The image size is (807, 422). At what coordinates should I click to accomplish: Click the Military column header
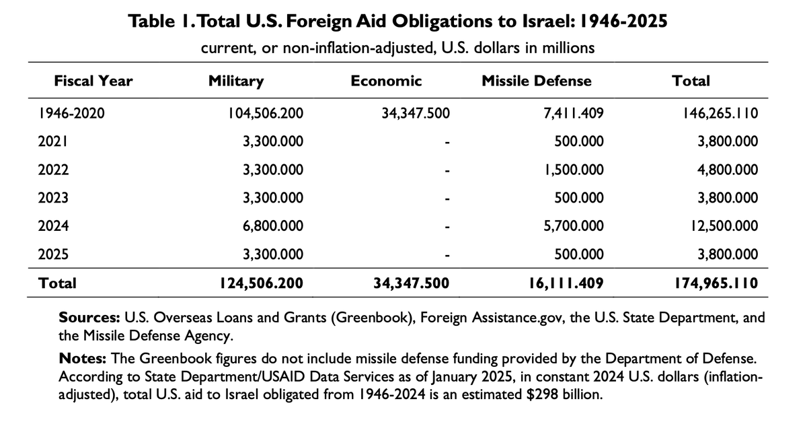[x=236, y=81]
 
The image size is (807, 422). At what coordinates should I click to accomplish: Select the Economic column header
[x=386, y=81]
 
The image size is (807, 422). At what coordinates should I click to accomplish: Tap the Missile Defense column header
[x=537, y=81]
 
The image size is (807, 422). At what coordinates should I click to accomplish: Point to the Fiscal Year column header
[x=93, y=81]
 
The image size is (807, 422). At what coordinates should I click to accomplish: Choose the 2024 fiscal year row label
[x=52, y=226]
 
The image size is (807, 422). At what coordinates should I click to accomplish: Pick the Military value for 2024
[x=273, y=226]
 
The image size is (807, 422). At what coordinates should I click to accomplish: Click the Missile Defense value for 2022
[x=573, y=170]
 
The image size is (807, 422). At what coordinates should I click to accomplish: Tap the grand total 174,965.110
[x=716, y=283]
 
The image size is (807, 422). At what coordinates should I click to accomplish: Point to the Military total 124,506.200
[x=258, y=283]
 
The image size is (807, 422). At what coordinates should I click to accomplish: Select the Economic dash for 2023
[x=445, y=199]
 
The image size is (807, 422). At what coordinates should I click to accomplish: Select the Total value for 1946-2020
[x=720, y=114]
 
